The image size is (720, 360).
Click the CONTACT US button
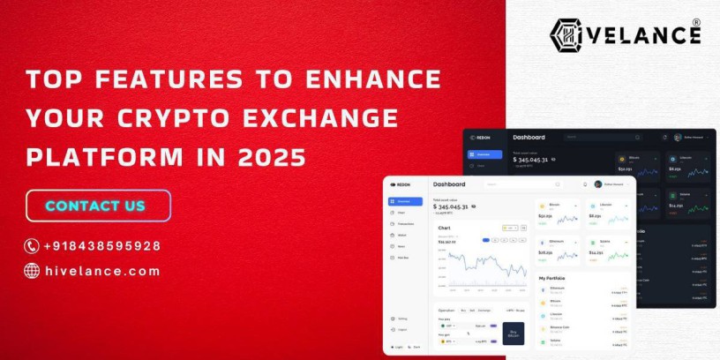97,206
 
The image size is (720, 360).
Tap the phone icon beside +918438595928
32,246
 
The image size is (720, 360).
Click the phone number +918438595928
103,246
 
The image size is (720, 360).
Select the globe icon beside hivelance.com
32,271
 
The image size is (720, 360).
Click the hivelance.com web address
103,271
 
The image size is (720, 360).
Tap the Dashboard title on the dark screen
529,138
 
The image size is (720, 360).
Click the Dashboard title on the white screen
449,184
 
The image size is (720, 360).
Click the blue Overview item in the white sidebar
405,201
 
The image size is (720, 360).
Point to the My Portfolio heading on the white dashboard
553,278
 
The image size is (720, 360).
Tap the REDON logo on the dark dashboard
480,138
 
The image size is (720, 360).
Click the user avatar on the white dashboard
598,184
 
